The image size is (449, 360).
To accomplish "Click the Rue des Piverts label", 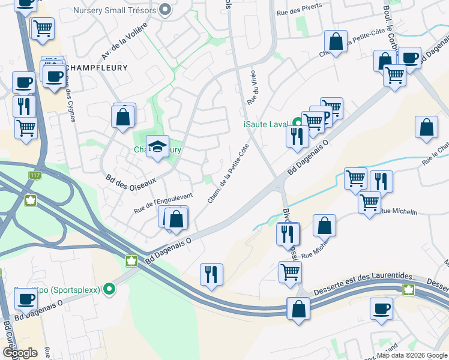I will [299, 8].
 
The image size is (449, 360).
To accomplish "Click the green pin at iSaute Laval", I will [295, 124].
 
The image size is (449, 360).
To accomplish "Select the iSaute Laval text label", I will [267, 124].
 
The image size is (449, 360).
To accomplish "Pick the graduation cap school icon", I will [157, 146].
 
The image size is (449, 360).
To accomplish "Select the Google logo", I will [20, 353].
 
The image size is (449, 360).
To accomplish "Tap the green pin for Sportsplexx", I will [109, 290].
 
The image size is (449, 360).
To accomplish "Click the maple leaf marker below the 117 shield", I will [30, 200].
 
